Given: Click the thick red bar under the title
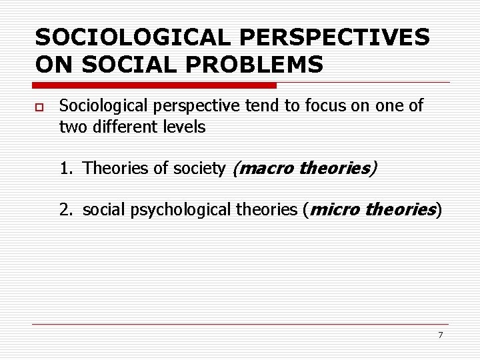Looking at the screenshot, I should pyautogui.click(x=155, y=85).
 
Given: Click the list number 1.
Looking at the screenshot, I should pyautogui.click(x=65, y=169).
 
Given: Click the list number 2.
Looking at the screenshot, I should pyautogui.click(x=65, y=210).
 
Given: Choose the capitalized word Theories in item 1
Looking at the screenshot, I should pyautogui.click(x=108, y=169).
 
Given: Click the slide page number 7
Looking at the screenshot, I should pyautogui.click(x=440, y=335).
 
